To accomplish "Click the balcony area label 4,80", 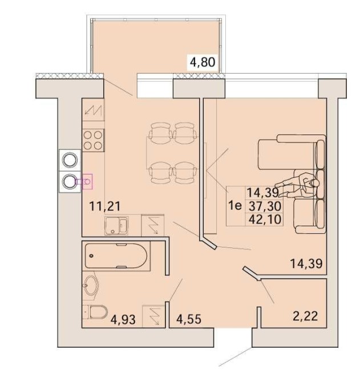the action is point(203,62).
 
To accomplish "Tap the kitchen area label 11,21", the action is point(105,207).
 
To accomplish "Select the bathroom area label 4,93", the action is point(123,320).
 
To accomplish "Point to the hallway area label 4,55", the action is point(189,319).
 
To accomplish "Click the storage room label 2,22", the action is point(305,316).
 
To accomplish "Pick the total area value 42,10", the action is point(265,219).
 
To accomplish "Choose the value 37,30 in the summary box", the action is point(265,206).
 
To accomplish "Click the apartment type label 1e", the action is point(235,206).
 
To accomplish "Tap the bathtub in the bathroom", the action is point(116,257).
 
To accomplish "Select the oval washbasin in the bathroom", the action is point(91,286).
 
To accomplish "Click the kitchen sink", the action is point(116,226).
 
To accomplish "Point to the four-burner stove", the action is point(93,140).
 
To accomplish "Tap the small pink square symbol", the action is point(87,181).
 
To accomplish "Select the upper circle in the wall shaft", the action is point(70,160).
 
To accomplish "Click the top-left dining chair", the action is point(160,133).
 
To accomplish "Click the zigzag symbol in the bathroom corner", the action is point(153,316).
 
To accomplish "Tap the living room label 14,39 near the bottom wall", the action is point(306,263).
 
